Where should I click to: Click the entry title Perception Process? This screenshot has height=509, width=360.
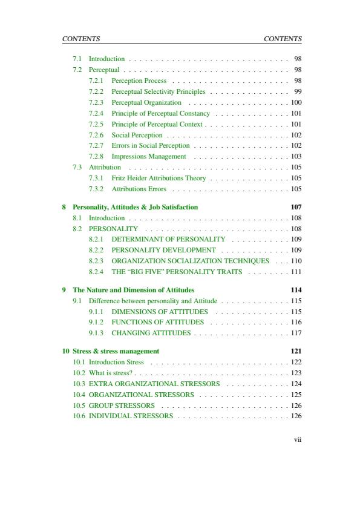coord(139,80)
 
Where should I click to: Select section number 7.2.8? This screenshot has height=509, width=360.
coord(96,156)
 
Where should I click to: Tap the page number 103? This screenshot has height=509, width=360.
coord(296,156)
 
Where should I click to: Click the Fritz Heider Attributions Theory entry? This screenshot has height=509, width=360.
coord(159,178)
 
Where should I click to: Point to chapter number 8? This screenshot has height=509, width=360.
coord(65,207)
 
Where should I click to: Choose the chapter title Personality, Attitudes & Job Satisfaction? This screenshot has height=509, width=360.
coord(135,207)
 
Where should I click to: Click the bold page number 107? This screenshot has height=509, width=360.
coord(296,207)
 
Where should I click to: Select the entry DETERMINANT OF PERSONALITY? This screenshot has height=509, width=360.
coord(168,240)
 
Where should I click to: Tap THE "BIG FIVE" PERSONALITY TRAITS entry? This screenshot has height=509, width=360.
coord(177,272)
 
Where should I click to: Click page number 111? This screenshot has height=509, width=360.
coord(296,272)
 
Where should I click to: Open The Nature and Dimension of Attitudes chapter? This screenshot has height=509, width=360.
coord(133,290)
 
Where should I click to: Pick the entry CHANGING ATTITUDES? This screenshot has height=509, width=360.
coord(151,333)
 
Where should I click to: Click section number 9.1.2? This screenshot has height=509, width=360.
coord(96,323)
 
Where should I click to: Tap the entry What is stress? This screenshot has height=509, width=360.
coord(111,373)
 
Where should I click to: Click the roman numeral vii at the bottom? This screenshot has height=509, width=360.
coord(297,439)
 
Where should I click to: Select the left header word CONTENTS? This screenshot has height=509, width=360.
coord(81,39)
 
